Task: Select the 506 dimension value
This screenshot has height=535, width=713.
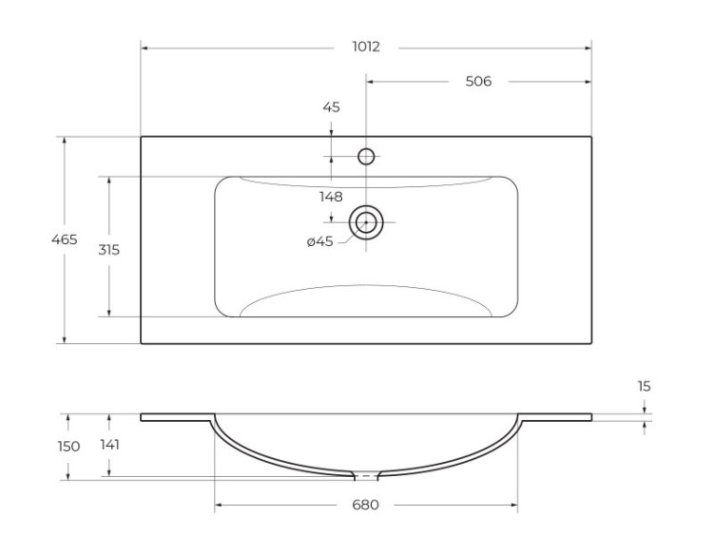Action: pyautogui.click(x=478, y=82)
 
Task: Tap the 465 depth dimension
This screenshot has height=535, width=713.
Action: pyautogui.click(x=65, y=239)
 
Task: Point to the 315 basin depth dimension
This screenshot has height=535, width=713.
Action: pyautogui.click(x=109, y=249)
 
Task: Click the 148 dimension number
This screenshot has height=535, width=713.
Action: pyautogui.click(x=331, y=197)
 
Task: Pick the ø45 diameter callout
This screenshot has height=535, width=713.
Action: pyautogui.click(x=319, y=241)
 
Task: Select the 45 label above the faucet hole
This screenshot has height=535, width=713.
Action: pyautogui.click(x=331, y=107)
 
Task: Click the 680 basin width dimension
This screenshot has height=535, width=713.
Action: pyautogui.click(x=366, y=505)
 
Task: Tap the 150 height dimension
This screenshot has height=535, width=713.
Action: pyautogui.click(x=66, y=446)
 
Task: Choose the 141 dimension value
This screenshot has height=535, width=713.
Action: pyautogui.click(x=109, y=444)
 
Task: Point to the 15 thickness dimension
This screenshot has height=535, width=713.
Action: pyautogui.click(x=645, y=386)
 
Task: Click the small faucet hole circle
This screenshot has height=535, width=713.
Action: pyautogui.click(x=366, y=157)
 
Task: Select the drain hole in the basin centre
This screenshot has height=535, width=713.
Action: pyautogui.click(x=366, y=222)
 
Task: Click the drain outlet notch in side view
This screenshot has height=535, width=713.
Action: pyautogui.click(x=366, y=474)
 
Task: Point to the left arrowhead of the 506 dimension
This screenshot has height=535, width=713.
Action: pyautogui.click(x=371, y=82)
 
